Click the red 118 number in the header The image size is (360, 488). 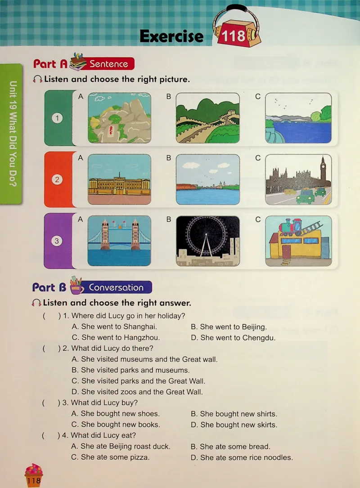click(234, 36)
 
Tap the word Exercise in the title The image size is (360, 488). click(171, 36)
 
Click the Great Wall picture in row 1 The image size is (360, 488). click(208, 118)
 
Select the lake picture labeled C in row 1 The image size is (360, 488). click(298, 118)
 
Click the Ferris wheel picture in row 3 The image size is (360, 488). click(208, 241)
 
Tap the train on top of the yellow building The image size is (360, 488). click(291, 227)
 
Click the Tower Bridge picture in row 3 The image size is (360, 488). click(119, 241)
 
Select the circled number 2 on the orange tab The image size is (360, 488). click(57, 179)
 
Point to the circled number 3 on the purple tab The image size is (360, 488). click(57, 241)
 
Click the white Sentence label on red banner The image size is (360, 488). click(109, 64)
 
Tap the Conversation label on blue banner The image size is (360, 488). click(116, 287)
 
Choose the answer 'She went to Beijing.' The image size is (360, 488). click(229, 327)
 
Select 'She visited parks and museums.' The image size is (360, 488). click(130, 370)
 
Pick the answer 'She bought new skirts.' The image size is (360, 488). click(234, 425)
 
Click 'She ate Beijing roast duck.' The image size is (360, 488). click(121, 446)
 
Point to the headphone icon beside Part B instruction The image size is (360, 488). click(36, 303)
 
